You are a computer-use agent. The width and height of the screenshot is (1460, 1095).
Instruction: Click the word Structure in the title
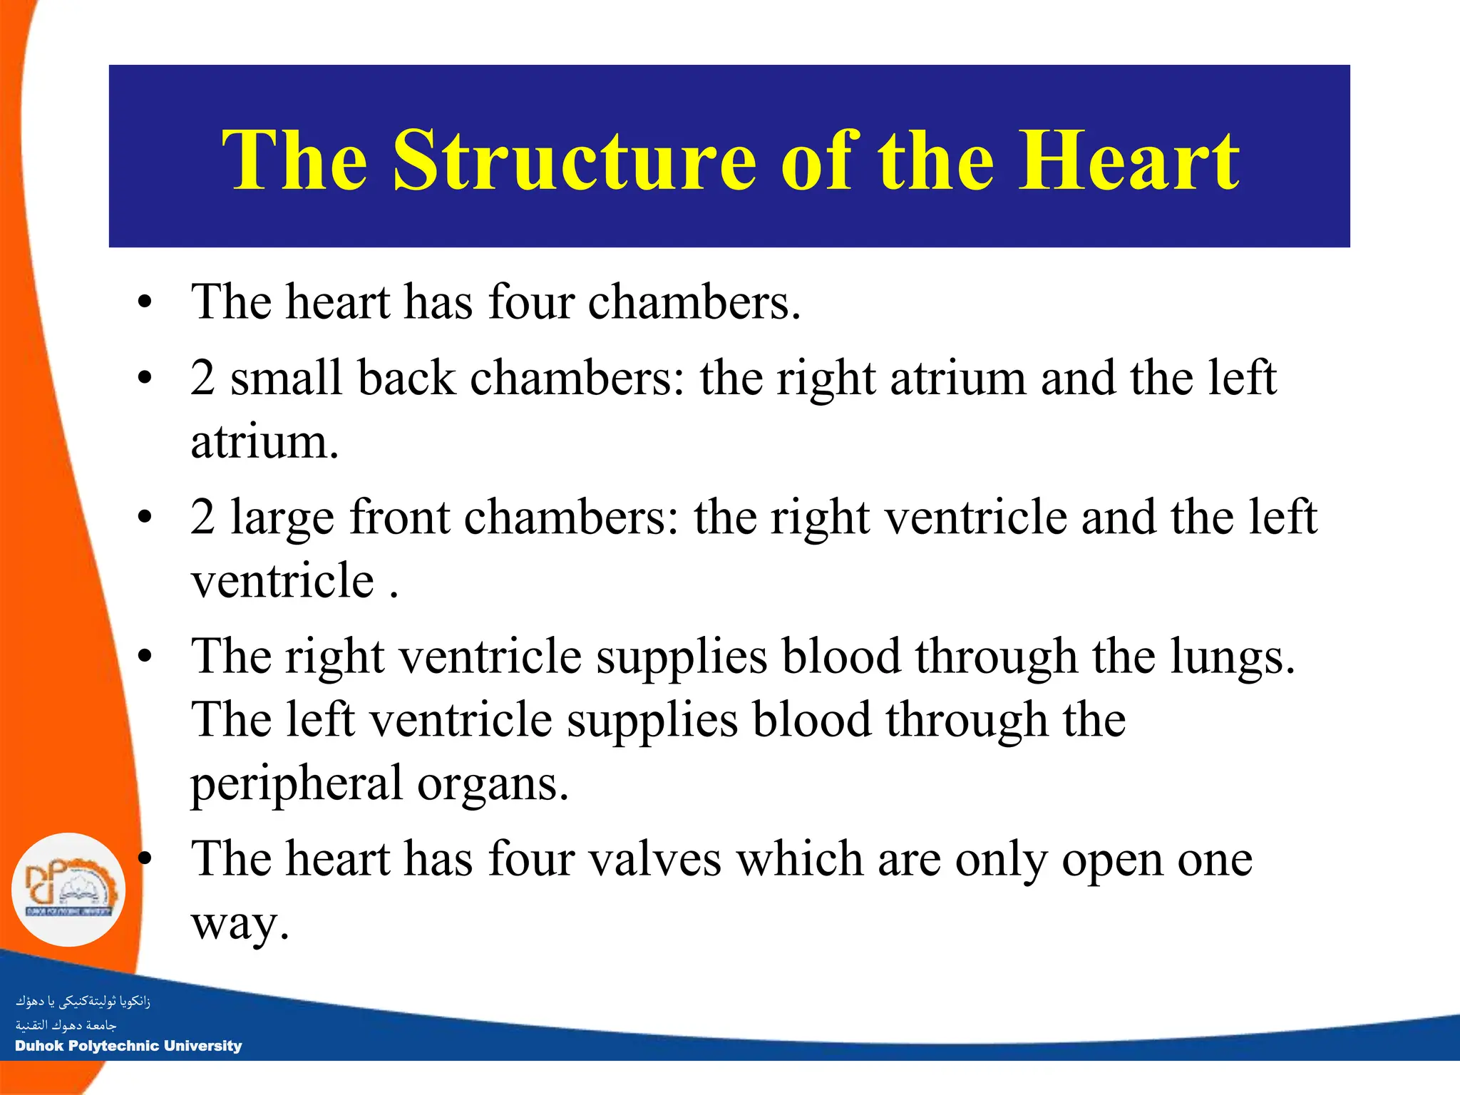[574, 160]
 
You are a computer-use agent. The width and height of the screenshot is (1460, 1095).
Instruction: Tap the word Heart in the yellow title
[1129, 160]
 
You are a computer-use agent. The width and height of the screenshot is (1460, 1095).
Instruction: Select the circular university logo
[68, 890]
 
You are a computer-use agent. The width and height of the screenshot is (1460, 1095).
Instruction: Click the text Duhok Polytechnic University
[128, 1046]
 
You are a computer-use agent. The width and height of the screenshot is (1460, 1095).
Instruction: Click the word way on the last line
[240, 925]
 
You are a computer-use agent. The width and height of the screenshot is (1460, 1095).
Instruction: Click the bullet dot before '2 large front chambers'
[145, 518]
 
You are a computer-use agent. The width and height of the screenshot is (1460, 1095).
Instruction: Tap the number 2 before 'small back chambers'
[202, 378]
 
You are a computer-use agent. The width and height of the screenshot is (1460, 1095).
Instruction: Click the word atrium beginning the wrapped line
[264, 442]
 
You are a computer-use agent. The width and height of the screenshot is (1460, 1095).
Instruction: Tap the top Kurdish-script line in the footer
[83, 1001]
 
